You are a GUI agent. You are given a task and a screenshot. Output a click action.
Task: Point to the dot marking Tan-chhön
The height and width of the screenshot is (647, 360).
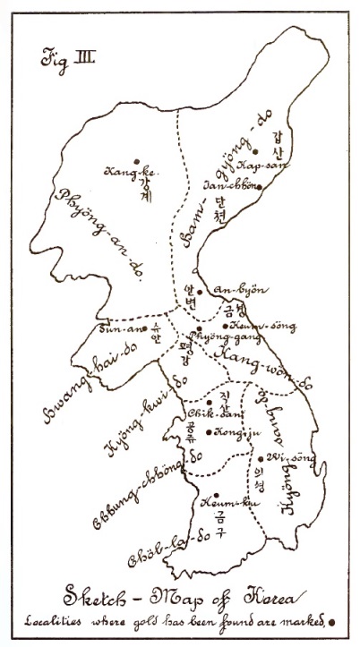click(259, 187)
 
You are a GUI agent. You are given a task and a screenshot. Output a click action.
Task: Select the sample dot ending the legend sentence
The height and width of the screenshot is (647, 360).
click(331, 619)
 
